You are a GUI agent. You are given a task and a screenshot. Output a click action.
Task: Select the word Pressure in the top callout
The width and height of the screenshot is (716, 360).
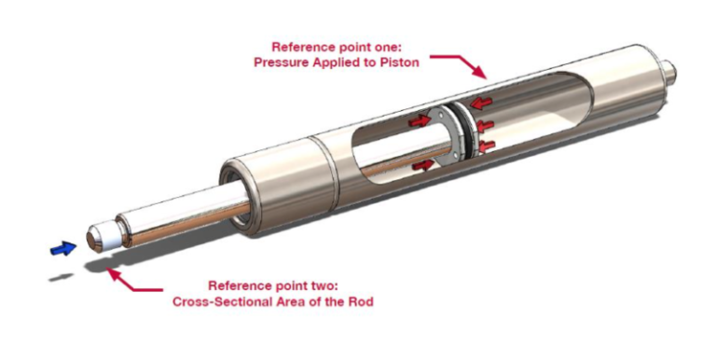280,62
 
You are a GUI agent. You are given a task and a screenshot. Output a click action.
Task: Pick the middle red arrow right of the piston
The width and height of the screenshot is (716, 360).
485,125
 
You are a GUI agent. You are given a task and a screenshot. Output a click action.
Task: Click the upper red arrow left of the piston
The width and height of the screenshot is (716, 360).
420,121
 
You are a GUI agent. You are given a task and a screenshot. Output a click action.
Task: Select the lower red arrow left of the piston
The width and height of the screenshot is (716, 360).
421,165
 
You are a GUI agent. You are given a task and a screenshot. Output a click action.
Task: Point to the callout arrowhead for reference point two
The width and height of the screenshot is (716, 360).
110,270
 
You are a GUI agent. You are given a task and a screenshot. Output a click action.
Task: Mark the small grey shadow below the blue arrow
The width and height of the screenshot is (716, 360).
62,276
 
